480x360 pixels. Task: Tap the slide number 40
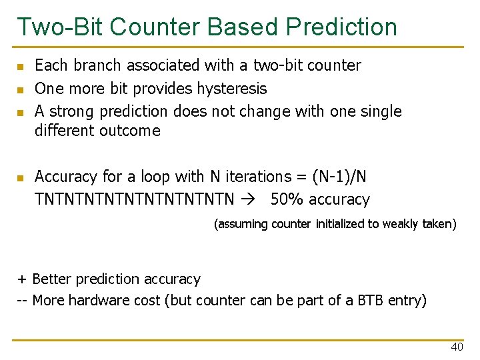pyautogui.click(x=457, y=347)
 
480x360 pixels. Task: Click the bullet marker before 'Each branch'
pyautogui.click(x=21, y=67)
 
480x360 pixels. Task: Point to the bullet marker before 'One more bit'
pyautogui.click(x=21, y=89)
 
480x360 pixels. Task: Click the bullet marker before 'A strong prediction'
pyautogui.click(x=21, y=112)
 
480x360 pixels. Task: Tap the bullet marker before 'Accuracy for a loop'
pyautogui.click(x=21, y=178)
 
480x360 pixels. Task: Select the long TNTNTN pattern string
pyautogui.click(x=134, y=199)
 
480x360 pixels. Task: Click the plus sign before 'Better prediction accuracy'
pyautogui.click(x=22, y=279)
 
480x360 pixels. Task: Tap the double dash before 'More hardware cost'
pyautogui.click(x=22, y=301)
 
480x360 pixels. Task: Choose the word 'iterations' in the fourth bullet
pyautogui.click(x=257, y=177)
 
